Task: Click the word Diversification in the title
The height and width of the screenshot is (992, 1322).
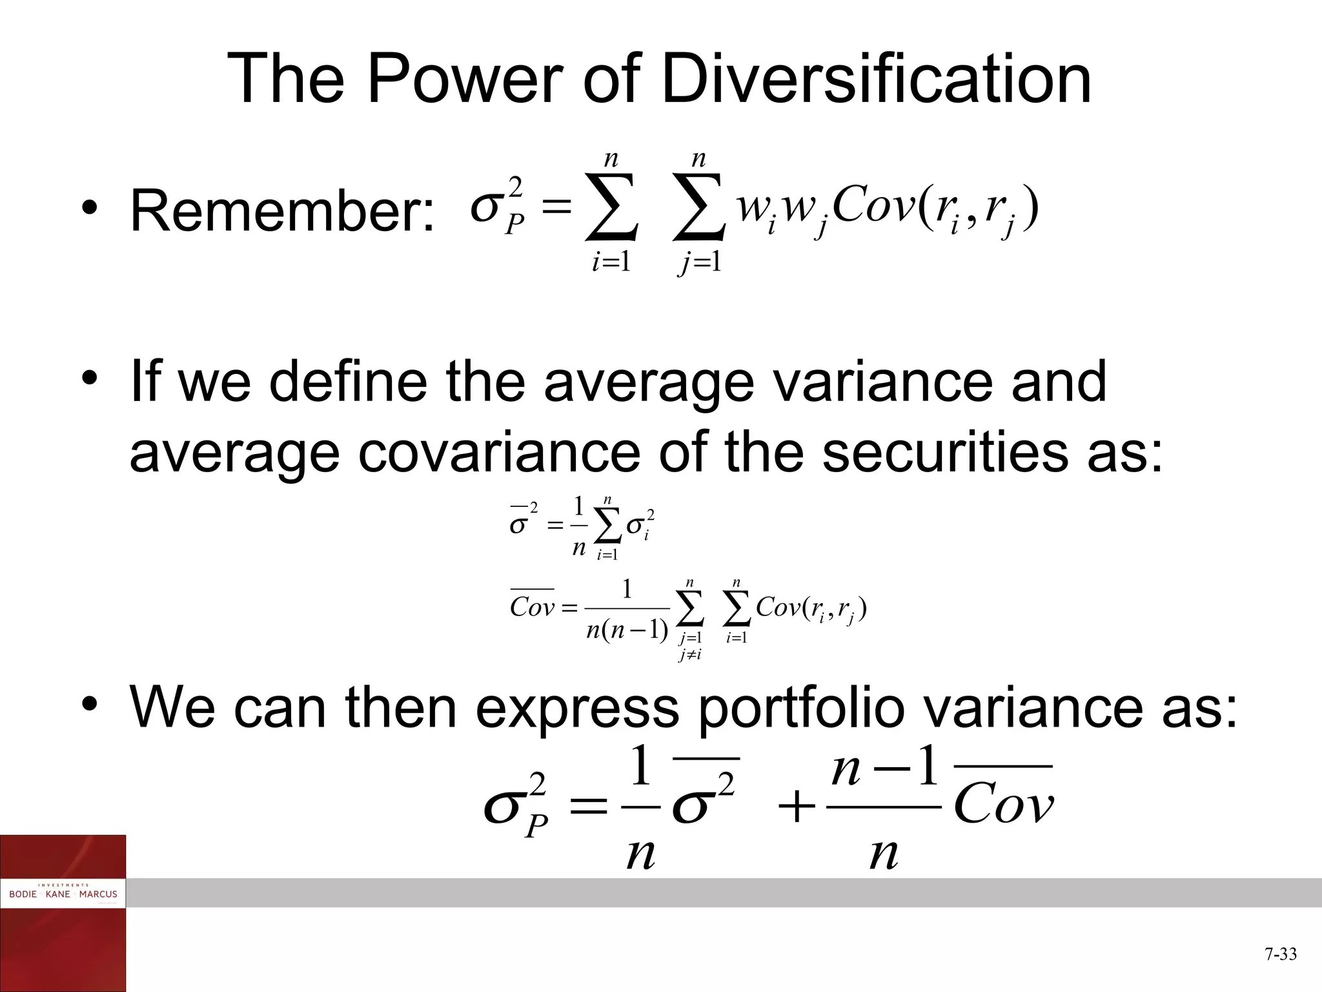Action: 876,80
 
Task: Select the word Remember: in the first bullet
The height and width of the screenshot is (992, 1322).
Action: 283,212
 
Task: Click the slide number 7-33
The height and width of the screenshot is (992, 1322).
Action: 1280,954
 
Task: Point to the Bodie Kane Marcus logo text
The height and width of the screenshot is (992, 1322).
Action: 63,894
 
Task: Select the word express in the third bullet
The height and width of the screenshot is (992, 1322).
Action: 577,709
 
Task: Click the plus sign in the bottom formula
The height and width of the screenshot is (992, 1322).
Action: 797,808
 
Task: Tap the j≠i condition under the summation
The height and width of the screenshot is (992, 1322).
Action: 690,655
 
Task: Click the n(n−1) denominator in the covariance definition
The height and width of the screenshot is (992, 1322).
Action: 627,629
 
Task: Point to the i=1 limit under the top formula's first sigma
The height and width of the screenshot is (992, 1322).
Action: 611,263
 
